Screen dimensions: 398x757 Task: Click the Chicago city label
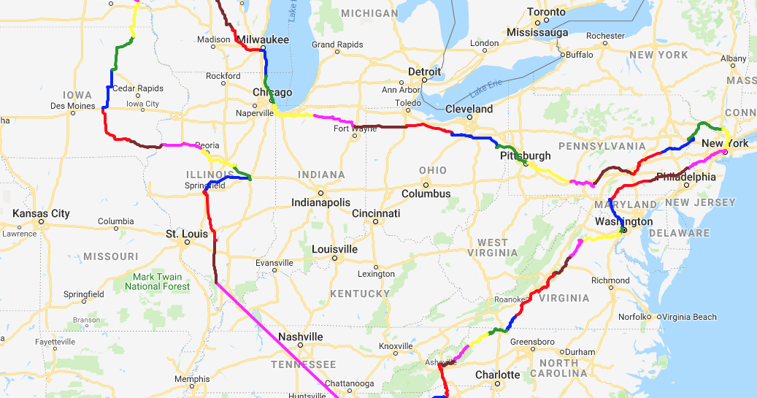(272, 93)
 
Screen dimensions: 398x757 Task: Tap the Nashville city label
(300, 337)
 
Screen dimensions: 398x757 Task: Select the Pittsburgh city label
(525, 156)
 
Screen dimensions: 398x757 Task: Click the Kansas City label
(41, 213)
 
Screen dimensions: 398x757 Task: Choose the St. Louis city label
(182, 234)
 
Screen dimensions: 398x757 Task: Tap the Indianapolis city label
(320, 202)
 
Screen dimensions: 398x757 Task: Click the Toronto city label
(546, 12)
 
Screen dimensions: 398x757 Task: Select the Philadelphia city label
(686, 177)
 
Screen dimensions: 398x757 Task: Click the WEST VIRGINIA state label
(493, 248)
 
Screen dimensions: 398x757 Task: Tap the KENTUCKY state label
(359, 294)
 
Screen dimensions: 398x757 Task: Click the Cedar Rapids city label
(138, 88)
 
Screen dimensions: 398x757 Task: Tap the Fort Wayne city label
(355, 129)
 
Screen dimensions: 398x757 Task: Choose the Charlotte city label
(497, 375)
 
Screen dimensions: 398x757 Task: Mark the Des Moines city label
(72, 106)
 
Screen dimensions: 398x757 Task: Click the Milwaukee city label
(263, 39)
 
